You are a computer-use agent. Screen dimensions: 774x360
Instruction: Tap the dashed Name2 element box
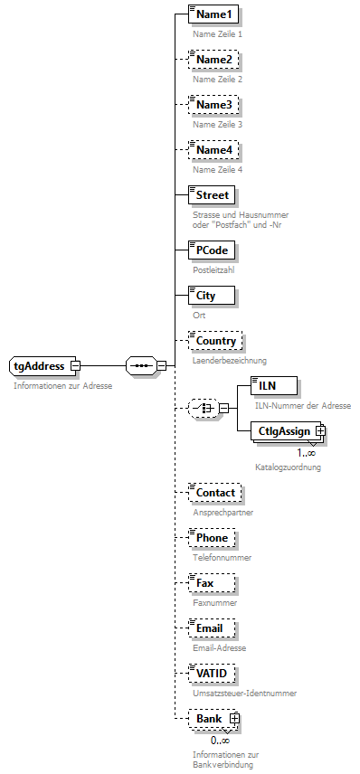click(x=213, y=60)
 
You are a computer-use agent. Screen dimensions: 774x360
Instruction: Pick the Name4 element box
click(x=213, y=149)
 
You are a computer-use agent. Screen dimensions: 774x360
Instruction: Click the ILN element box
click(x=272, y=386)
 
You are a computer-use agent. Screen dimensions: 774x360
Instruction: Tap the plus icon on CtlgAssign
click(x=320, y=431)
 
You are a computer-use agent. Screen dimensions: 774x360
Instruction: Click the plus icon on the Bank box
click(x=234, y=719)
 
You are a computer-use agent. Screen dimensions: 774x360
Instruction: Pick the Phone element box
click(x=212, y=538)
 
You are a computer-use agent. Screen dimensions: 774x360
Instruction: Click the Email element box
click(x=212, y=628)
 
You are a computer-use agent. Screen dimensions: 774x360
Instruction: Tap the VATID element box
click(x=213, y=674)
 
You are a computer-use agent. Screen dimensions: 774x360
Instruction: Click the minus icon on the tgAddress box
click(x=75, y=365)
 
